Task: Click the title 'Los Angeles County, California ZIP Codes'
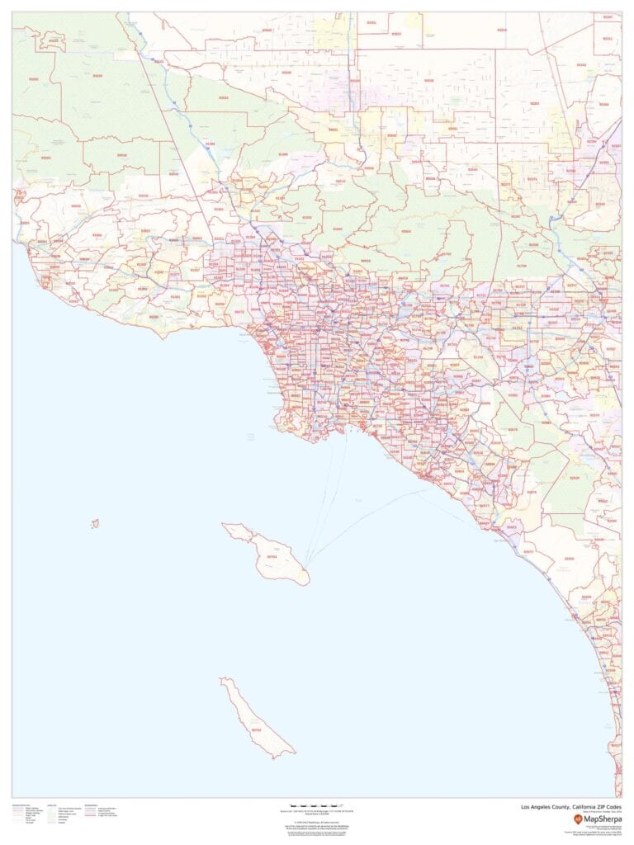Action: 570,808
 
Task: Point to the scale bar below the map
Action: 316,805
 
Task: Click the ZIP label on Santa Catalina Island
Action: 272,557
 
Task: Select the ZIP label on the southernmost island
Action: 256,729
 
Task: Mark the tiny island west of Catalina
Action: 95,523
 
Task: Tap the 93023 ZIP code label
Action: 45,158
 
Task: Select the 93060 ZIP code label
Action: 77,206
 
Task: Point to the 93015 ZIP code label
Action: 144,196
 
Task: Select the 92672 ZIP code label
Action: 528,552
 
